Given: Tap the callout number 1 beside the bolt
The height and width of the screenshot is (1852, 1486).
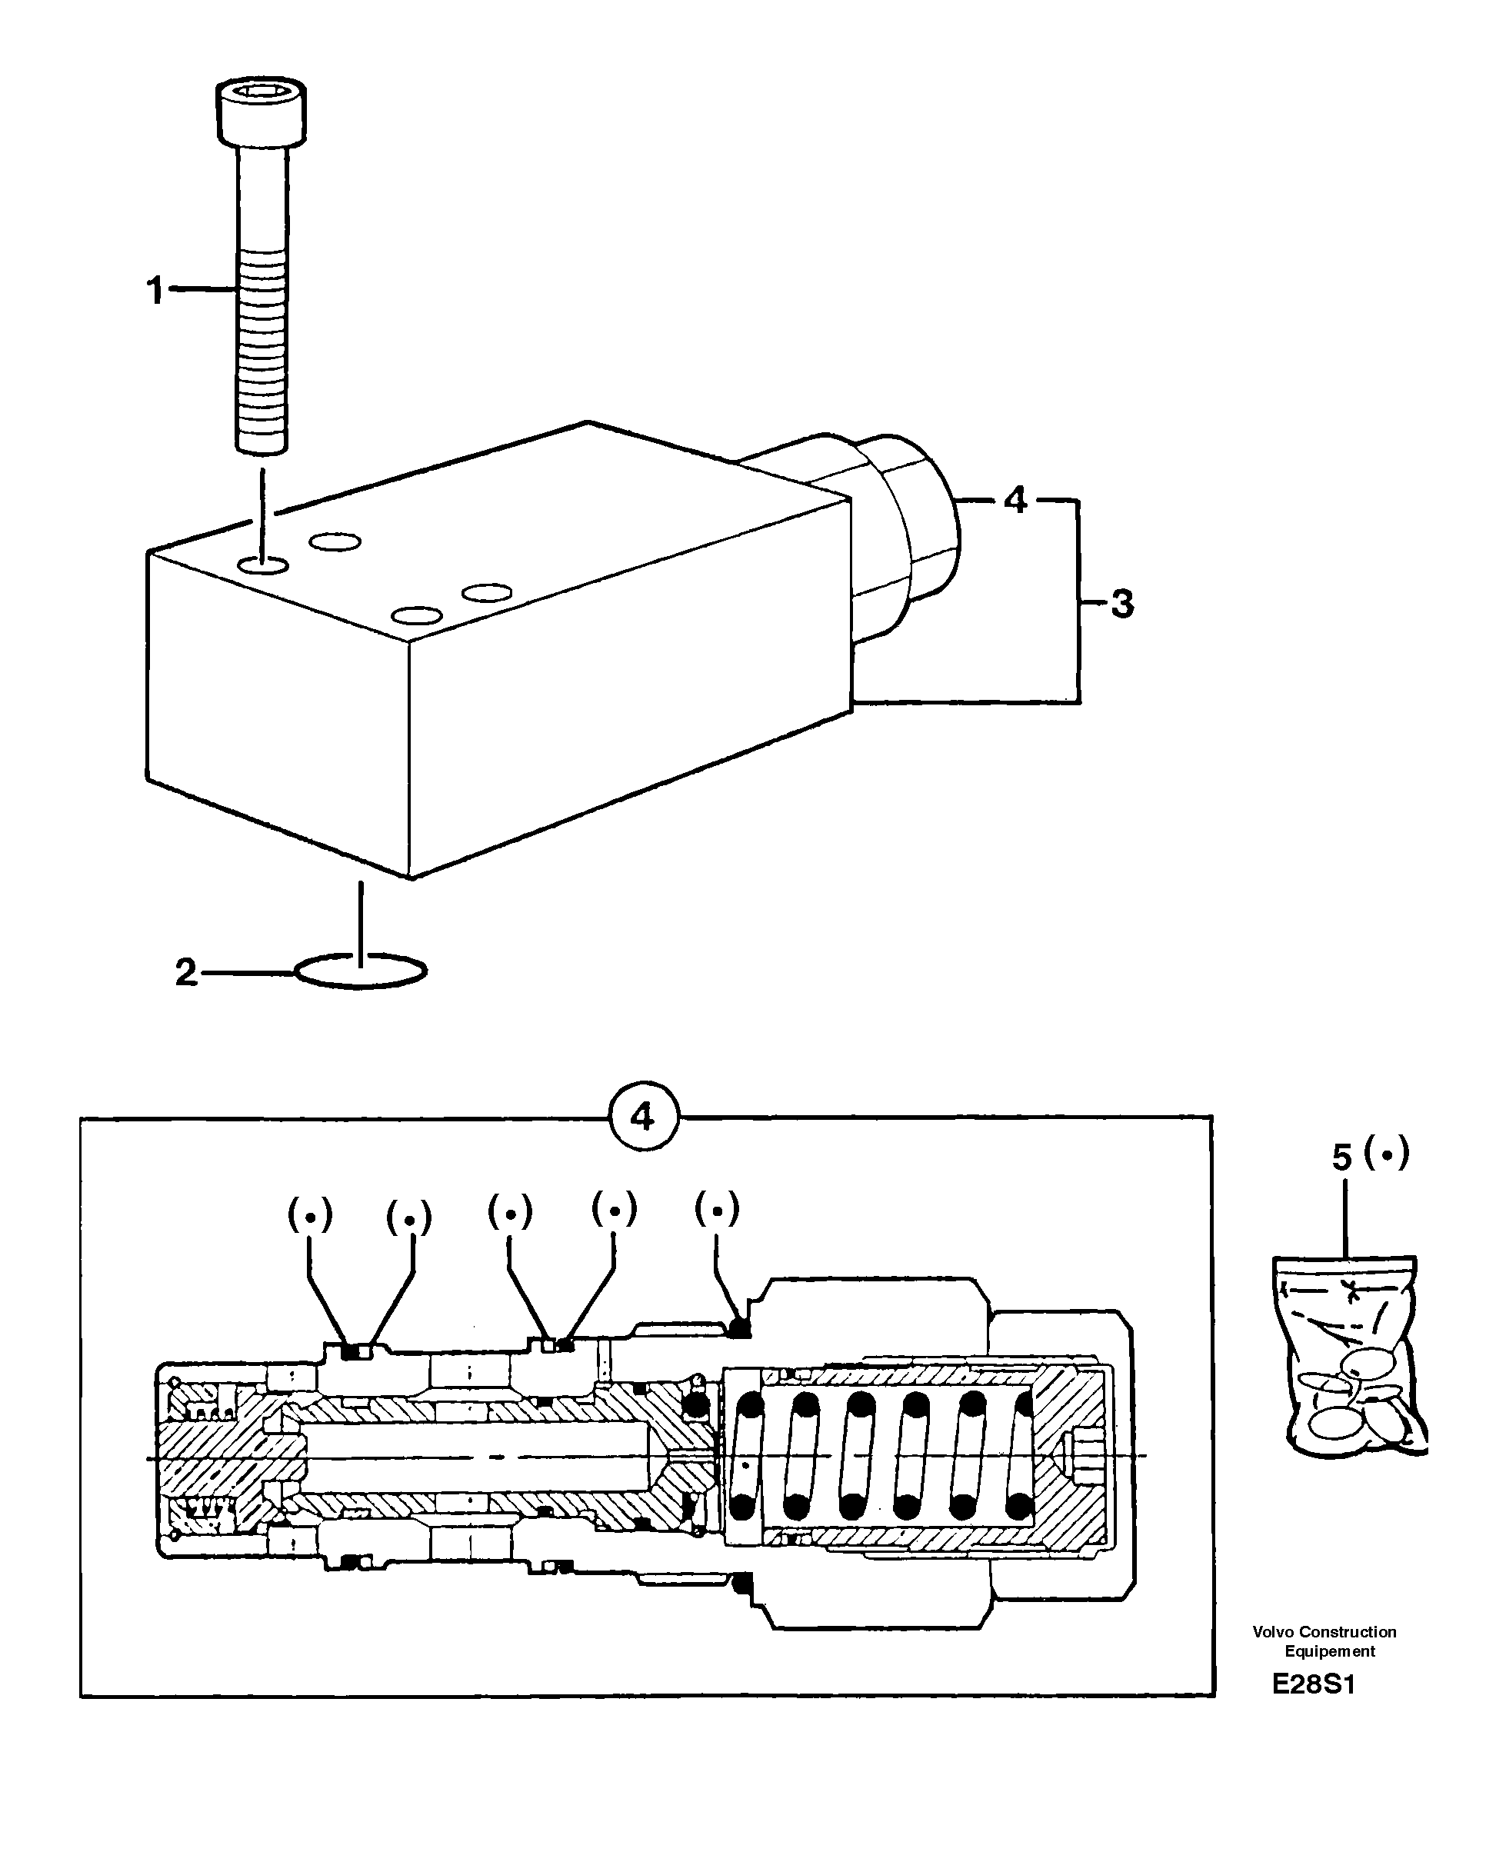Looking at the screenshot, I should point(155,291).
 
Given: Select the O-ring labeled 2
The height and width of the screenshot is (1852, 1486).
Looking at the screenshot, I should point(360,971).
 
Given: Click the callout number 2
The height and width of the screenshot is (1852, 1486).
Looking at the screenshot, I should point(186,972).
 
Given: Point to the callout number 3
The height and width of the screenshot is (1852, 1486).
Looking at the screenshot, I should point(1121,604).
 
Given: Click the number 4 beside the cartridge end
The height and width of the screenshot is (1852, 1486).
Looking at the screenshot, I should point(1015,500).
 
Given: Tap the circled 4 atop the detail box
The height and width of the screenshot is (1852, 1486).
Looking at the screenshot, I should point(643,1117).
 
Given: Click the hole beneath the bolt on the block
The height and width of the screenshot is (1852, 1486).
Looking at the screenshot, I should point(263,565).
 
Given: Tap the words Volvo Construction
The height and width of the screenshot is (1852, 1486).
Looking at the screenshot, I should point(1324,1632).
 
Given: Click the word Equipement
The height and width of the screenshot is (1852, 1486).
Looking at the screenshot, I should point(1329,1651).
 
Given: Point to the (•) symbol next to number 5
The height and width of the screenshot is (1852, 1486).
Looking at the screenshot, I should point(1386,1154).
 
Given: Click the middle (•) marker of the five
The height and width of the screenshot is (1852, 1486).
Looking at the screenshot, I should point(510,1212).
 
